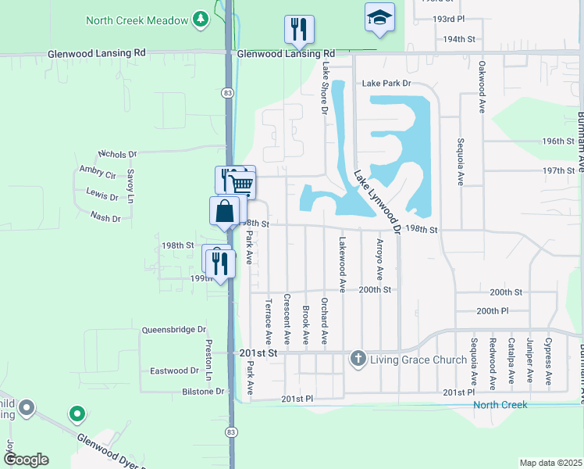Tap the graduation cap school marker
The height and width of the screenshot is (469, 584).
[x=379, y=18]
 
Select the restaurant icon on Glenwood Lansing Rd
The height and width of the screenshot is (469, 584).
[x=299, y=30]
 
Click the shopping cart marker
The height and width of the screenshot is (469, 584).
[x=242, y=184]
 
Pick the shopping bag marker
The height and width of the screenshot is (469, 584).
[x=224, y=212]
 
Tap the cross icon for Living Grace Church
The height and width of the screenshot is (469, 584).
[x=358, y=359]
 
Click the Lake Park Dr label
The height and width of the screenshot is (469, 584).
[x=385, y=84]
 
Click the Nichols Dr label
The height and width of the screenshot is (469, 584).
[x=118, y=155]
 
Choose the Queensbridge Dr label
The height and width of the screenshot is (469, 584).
[x=173, y=330]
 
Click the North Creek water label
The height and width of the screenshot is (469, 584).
[x=500, y=404]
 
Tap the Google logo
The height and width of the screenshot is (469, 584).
[x=27, y=459]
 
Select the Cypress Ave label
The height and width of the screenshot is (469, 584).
[x=549, y=363]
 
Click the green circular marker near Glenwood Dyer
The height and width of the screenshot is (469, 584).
[x=77, y=412]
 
